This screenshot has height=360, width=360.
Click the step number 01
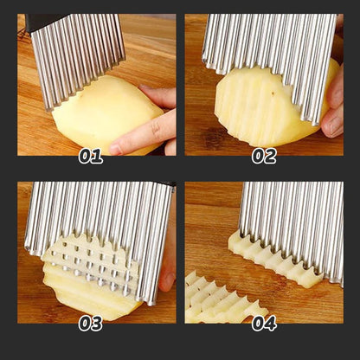(x=91, y=157)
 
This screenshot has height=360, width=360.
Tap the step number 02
(x=264, y=157)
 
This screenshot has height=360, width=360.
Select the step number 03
(x=91, y=323)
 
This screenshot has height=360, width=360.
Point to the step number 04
(x=264, y=323)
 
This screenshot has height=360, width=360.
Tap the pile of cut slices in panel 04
(x=216, y=299)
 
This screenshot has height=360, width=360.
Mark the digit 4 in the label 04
(x=271, y=323)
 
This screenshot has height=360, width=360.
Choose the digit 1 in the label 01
(x=98, y=157)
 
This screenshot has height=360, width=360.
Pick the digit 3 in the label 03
(x=98, y=323)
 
